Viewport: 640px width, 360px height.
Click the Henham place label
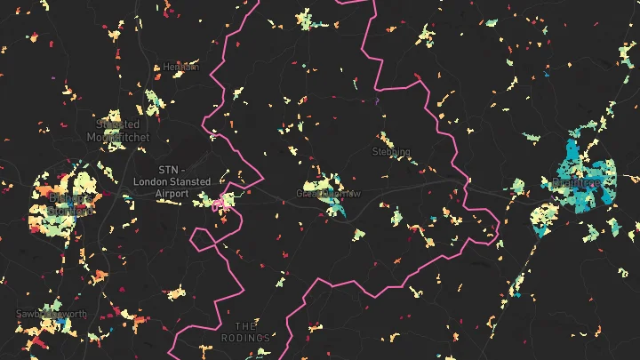click(180, 67)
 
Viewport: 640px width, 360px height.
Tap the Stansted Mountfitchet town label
click(118, 131)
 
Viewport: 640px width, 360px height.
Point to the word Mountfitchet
click(118, 138)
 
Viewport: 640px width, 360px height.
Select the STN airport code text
click(170, 170)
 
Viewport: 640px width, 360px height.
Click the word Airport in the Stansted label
click(172, 194)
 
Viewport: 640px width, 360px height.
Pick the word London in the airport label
click(148, 182)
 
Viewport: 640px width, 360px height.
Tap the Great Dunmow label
click(328, 193)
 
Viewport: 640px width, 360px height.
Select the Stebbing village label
click(391, 152)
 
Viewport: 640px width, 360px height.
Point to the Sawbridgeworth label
click(52, 314)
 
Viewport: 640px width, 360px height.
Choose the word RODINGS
click(246, 339)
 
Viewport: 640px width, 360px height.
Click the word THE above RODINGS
click(245, 326)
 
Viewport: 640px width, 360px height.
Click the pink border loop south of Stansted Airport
click(206, 237)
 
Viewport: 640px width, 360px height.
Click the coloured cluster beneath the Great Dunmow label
click(334, 206)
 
